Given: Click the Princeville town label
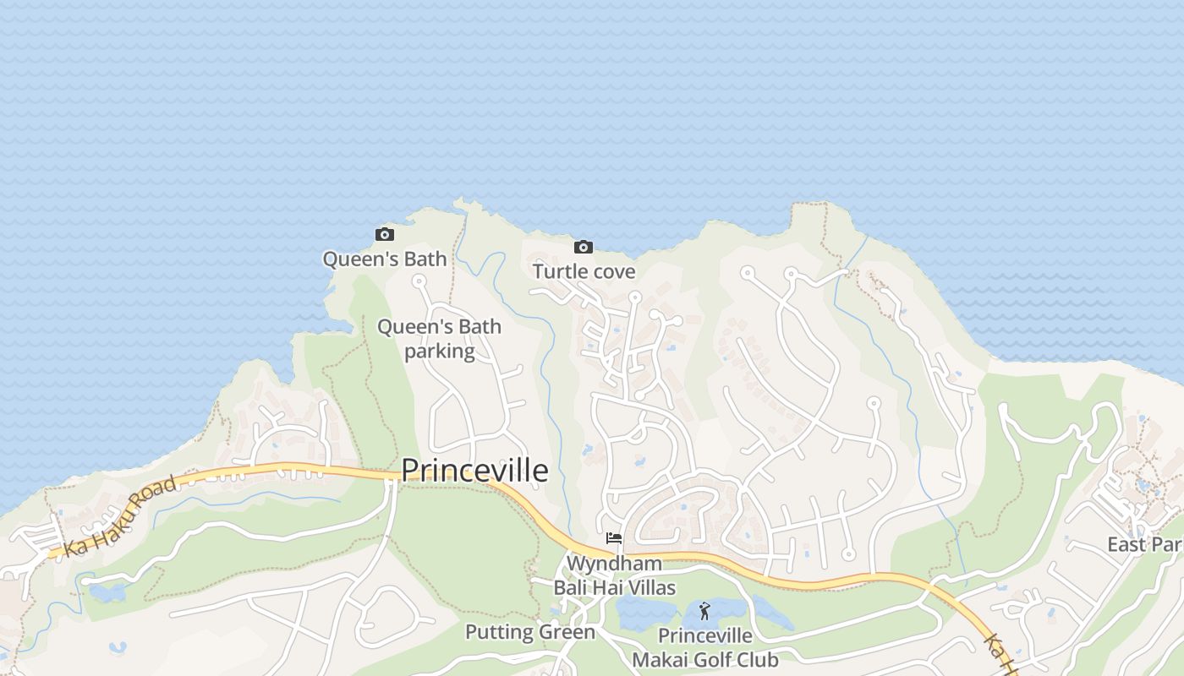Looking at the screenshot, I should click(474, 471).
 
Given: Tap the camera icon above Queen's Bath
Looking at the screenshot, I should click(385, 234).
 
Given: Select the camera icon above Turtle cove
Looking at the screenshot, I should click(583, 247).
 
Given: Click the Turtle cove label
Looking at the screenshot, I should click(584, 271).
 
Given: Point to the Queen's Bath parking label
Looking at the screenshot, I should click(439, 338).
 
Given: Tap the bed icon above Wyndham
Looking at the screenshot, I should click(614, 538).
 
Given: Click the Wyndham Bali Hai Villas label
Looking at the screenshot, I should click(614, 575).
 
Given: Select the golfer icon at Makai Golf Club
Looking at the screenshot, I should click(704, 610).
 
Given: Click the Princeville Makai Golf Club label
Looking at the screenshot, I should click(705, 647).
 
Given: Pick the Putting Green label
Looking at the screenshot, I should click(530, 632).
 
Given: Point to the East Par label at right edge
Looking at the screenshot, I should click(1144, 544).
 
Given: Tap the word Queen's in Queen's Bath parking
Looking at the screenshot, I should click(408, 326).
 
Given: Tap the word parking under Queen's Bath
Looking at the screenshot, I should click(439, 351).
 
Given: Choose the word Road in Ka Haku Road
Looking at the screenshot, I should click(156, 495).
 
